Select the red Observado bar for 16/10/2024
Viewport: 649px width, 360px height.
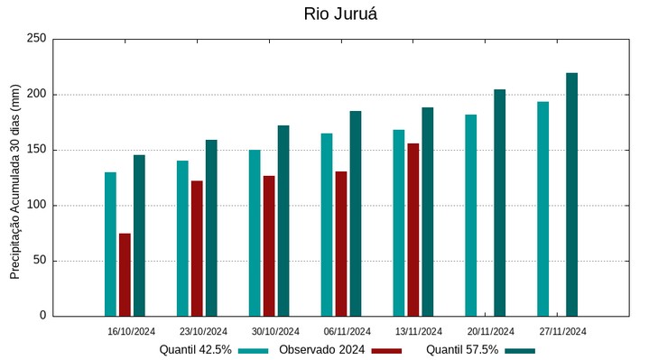click(x=125, y=274)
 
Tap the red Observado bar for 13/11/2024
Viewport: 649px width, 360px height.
click(x=413, y=229)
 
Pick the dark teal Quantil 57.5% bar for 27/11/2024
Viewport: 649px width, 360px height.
click(x=571, y=194)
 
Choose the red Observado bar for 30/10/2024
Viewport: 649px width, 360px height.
click(x=269, y=245)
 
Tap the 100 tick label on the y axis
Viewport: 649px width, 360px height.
click(x=36, y=206)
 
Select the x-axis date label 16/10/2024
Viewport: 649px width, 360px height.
click(x=131, y=331)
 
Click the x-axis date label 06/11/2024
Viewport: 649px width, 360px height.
click(x=347, y=331)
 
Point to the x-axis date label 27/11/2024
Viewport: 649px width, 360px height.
click(x=562, y=331)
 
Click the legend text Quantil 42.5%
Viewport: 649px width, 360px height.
click(x=195, y=350)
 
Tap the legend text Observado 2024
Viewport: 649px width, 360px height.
click(x=321, y=350)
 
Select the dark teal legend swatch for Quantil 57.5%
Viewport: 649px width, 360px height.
click(x=519, y=350)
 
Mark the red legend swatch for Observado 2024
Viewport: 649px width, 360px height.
click(x=386, y=350)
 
